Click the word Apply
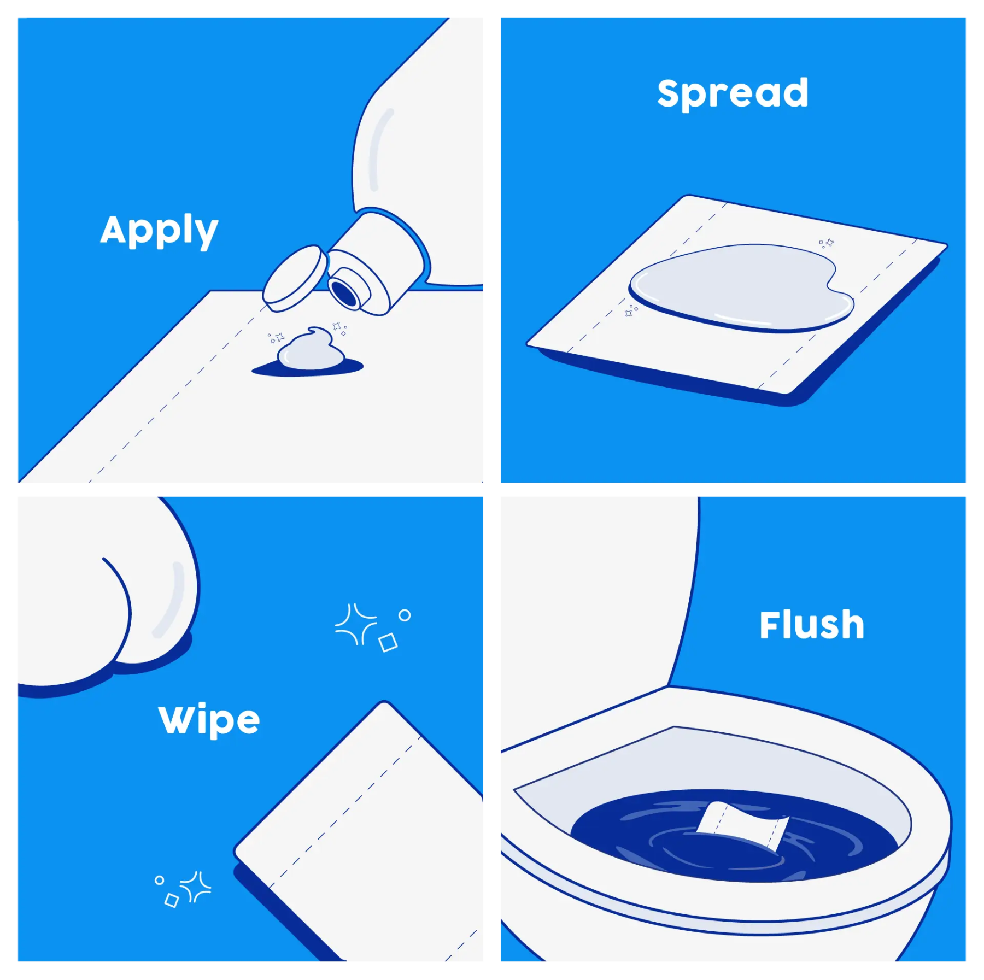pyautogui.click(x=159, y=230)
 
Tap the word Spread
pyautogui.click(x=733, y=93)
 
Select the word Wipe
pyautogui.click(x=209, y=720)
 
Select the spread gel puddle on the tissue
pyautogui.click(x=741, y=287)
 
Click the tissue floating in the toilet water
pyautogui.click(x=743, y=825)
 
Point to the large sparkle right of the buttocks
pyautogui.click(x=356, y=624)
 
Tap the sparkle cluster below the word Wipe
pyautogui.click(x=183, y=890)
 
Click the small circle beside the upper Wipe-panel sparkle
pyautogui.click(x=405, y=615)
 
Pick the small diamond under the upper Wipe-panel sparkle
pyautogui.click(x=388, y=642)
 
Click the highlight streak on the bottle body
pyautogui.click(x=379, y=149)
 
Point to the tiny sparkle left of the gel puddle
pyautogui.click(x=631, y=311)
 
